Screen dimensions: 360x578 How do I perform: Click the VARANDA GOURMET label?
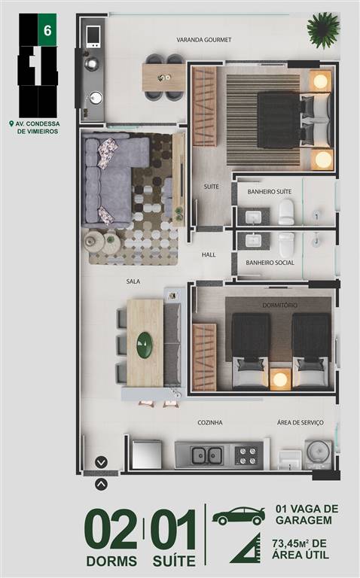[203, 40]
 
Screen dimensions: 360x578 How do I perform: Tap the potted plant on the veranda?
[323, 30]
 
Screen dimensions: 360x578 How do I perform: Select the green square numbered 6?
[47, 30]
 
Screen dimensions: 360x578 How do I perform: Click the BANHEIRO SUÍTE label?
[270, 192]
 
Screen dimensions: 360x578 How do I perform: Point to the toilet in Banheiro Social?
[286, 245]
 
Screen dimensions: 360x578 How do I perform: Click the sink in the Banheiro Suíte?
[253, 217]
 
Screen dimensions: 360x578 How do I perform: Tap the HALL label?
[209, 254]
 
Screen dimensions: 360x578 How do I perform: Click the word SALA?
[133, 281]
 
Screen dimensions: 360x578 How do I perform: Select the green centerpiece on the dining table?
[145, 345]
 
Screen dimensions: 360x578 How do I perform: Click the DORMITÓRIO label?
[280, 306]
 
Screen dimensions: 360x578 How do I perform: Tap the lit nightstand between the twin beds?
[280, 379]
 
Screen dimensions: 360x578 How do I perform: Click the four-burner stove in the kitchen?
[246, 455]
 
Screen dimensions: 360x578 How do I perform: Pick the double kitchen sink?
[206, 455]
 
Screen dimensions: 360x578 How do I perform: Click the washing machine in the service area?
[319, 454]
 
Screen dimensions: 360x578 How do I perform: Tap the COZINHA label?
[210, 423]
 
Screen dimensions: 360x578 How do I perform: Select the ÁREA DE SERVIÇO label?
[301, 423]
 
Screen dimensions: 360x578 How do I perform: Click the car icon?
[239, 516]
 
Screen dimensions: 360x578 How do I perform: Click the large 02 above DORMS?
[111, 530]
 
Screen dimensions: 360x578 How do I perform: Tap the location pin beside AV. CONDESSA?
[11, 124]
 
